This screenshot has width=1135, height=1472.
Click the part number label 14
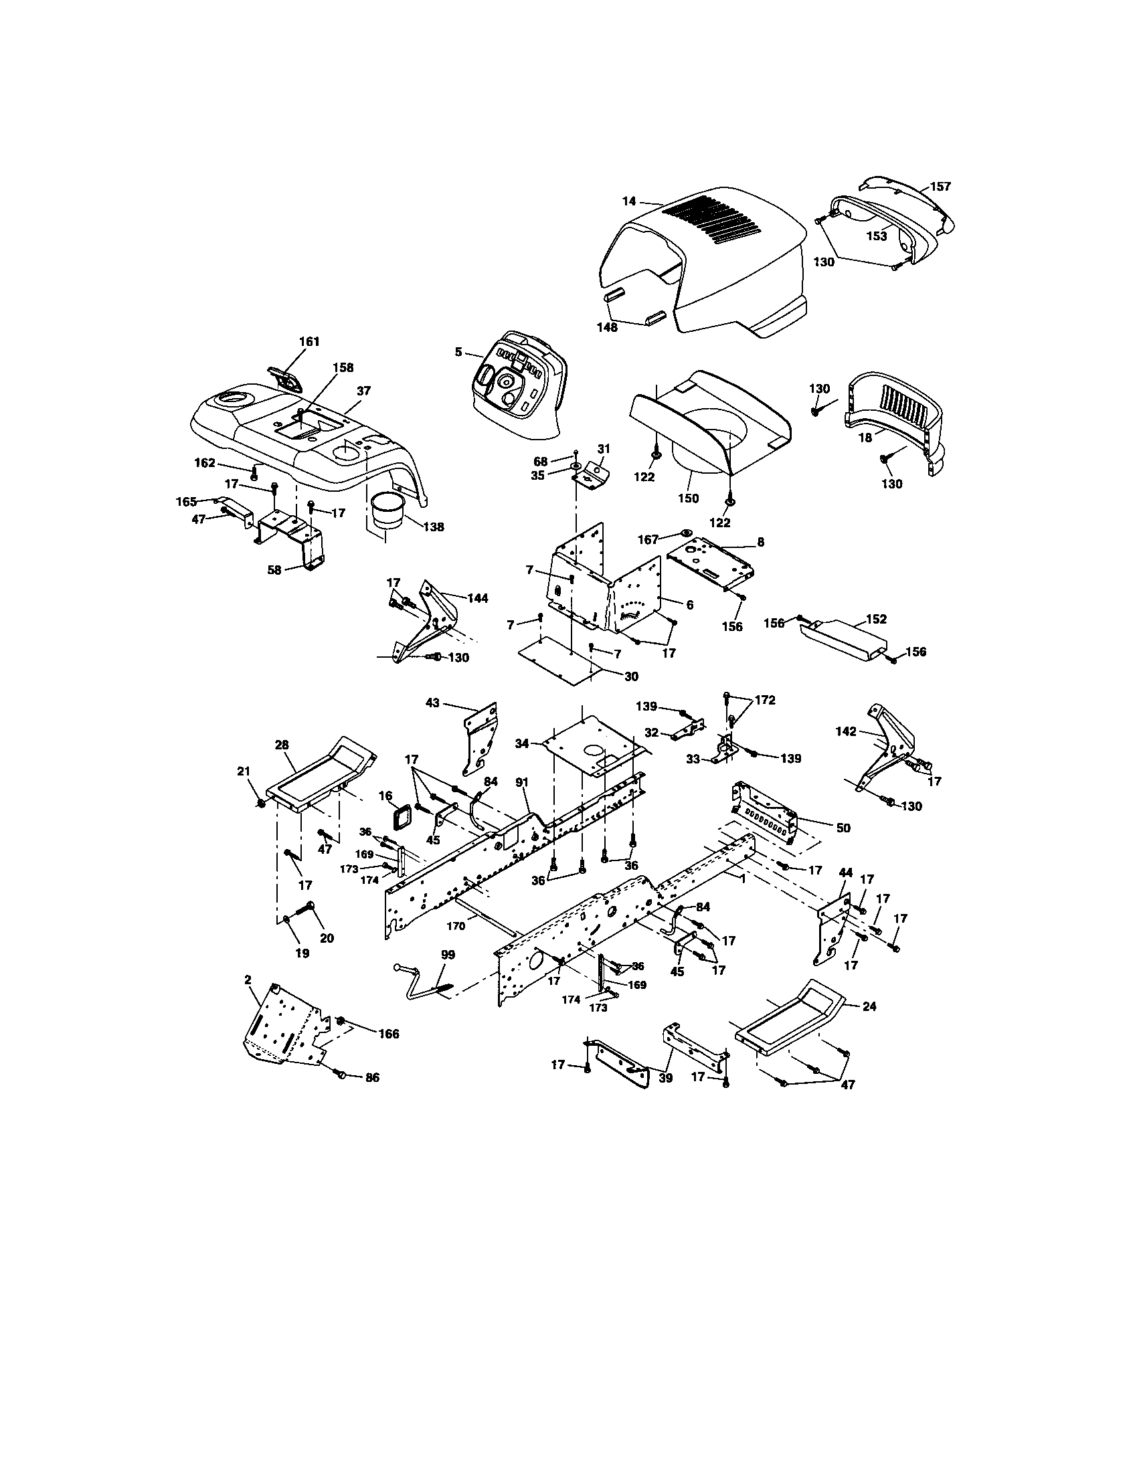tap(628, 201)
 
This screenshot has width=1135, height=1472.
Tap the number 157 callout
tap(940, 187)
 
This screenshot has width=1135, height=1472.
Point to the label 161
tap(309, 342)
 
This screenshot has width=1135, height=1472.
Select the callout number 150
tap(688, 498)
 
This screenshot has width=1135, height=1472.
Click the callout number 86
tap(371, 1078)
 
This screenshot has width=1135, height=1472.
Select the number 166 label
tap(388, 1034)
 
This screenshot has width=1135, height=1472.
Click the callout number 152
tap(876, 619)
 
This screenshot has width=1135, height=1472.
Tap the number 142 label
tap(846, 731)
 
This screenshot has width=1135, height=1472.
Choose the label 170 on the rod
tap(456, 926)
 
